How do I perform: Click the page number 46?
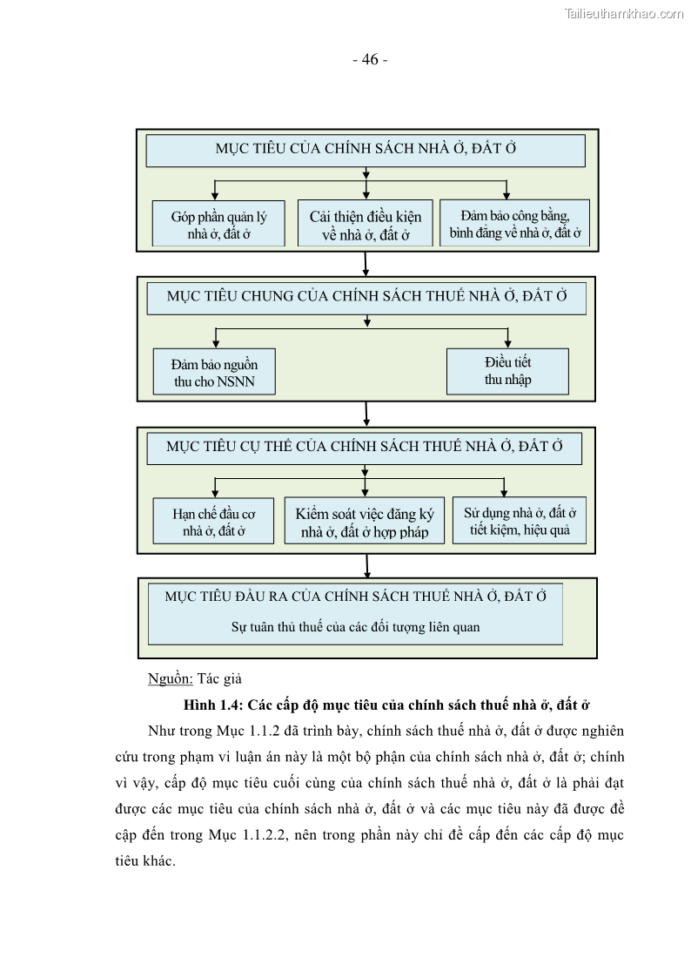coord(370,60)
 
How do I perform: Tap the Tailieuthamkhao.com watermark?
coord(624,13)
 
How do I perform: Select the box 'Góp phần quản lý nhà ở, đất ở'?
coord(218,224)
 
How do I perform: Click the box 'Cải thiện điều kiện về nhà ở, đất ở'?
coord(365,224)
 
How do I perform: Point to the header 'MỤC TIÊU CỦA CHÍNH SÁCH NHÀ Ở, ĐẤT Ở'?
coord(366,149)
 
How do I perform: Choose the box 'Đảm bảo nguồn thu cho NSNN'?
coord(214,372)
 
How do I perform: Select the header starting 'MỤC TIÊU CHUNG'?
coord(366,297)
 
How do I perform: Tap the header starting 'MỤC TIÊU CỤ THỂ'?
coord(365,447)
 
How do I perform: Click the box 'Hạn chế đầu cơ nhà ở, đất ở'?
coord(214,521)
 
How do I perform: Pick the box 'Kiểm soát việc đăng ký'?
coord(364,521)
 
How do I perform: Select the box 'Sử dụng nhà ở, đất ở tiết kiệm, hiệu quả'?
coord(519,520)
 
